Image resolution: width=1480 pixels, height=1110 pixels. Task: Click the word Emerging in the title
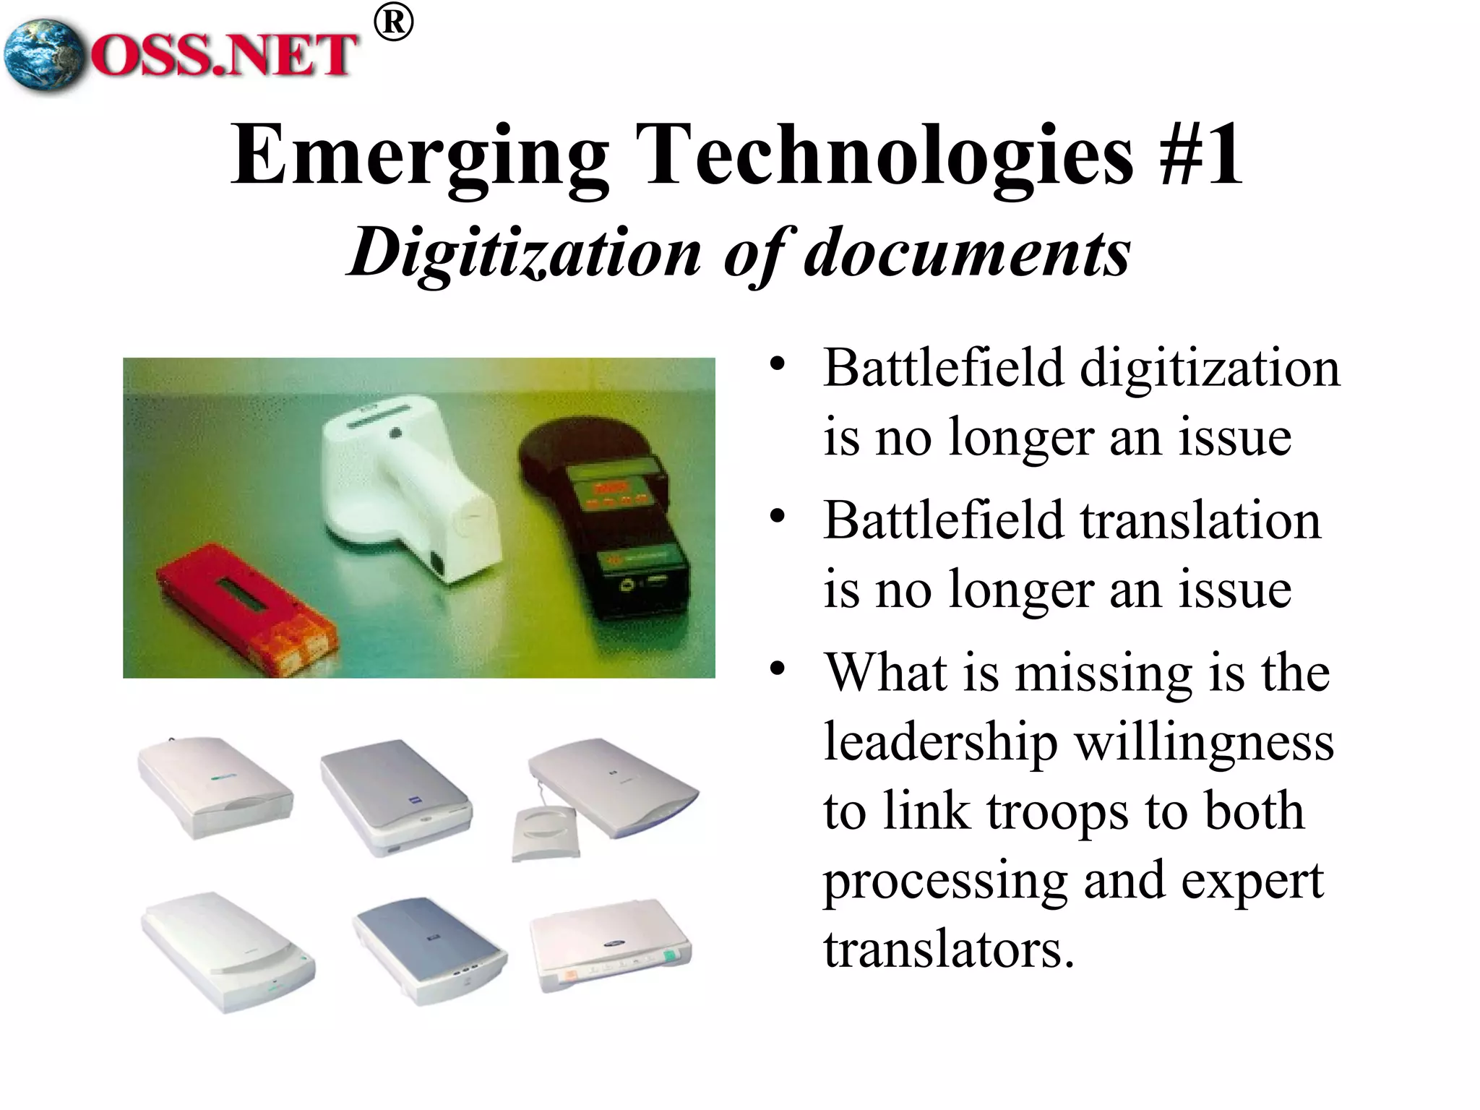point(420,155)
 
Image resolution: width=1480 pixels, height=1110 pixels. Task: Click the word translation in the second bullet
point(1200,521)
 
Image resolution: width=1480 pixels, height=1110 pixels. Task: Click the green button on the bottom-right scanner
point(671,958)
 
